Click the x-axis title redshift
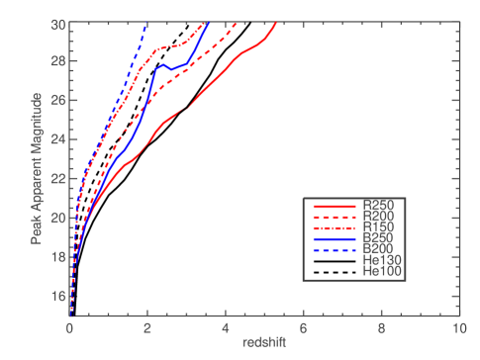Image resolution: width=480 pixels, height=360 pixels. (264, 342)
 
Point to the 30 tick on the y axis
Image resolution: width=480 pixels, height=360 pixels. (59, 23)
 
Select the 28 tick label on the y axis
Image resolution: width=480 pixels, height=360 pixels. (59, 61)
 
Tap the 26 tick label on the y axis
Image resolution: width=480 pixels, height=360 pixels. (59, 101)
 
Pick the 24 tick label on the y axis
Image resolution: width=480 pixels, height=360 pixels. (59, 139)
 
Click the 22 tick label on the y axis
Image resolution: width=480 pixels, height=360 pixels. (59, 178)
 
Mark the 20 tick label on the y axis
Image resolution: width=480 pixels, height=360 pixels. (59, 218)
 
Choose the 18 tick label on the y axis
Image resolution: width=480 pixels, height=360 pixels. (59, 256)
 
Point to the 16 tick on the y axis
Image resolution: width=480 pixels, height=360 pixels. (59, 296)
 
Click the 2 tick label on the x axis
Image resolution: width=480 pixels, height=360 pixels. (147, 327)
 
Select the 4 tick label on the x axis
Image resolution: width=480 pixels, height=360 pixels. (226, 327)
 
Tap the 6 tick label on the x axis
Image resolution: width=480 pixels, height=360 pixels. (303, 327)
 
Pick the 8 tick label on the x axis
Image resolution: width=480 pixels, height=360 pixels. (381, 327)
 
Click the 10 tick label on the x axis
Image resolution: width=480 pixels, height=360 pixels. (458, 327)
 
